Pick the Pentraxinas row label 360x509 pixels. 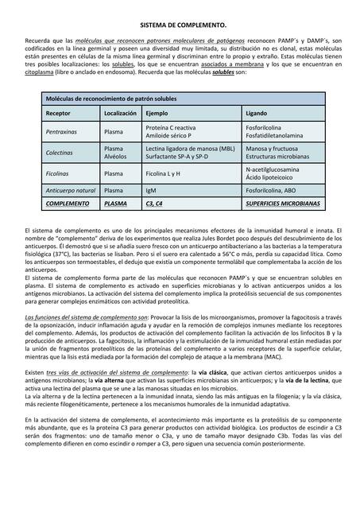pos(61,131)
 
